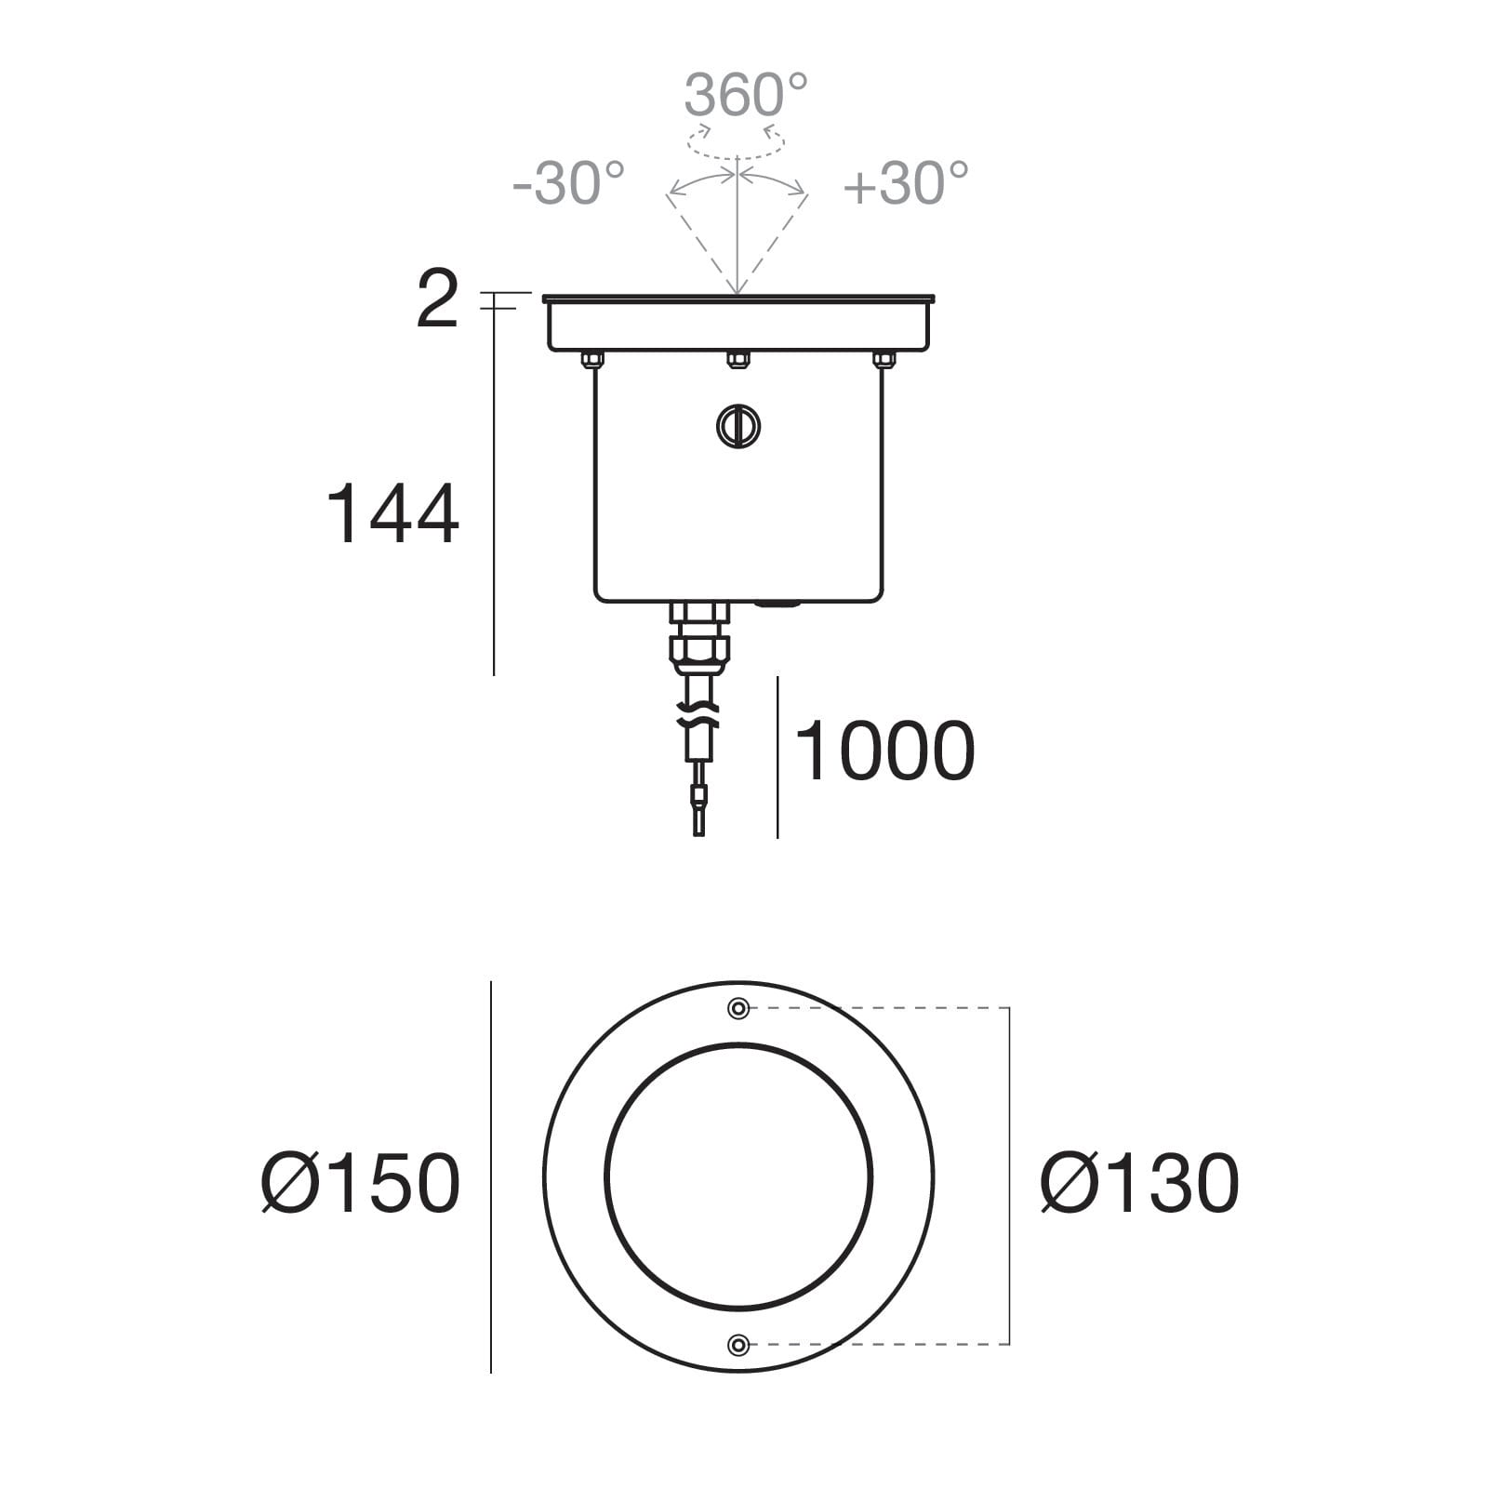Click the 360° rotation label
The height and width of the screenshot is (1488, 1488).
[746, 94]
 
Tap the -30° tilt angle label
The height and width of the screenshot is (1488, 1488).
[568, 182]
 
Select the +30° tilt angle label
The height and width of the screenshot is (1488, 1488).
[906, 182]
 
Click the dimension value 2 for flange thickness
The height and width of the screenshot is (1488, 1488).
[437, 299]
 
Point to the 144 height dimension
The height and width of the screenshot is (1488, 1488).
[392, 513]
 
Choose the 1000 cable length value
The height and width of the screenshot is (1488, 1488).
[884, 751]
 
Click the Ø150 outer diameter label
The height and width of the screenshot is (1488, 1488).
[361, 1183]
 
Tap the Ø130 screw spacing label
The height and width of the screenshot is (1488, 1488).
[1139, 1183]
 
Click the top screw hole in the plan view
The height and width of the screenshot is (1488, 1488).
[738, 1008]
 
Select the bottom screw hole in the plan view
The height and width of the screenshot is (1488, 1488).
[738, 1345]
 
